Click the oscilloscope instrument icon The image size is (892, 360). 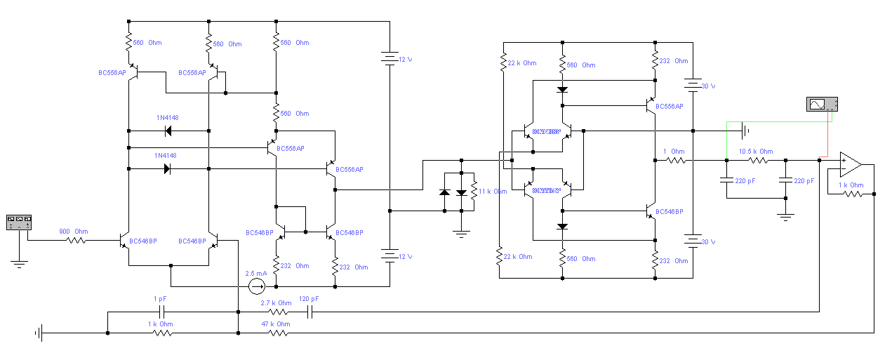point(823,105)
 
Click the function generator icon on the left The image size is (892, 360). point(19,222)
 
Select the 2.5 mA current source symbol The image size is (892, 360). point(257,286)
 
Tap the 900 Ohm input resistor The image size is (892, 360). point(76,241)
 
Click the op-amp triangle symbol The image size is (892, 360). point(851,164)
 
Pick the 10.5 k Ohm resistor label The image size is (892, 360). point(755,152)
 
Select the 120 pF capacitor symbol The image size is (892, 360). point(309,312)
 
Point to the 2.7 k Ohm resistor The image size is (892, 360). point(279,312)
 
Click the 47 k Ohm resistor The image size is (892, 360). point(279,333)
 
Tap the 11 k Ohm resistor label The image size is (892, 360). point(493,192)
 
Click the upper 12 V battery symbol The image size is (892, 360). point(390,60)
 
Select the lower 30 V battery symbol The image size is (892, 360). point(693,241)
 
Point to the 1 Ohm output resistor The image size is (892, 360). point(675,161)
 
